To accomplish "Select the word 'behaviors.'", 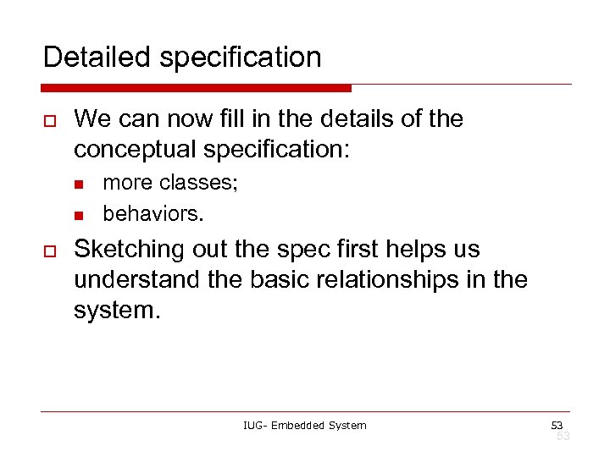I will [x=153, y=213].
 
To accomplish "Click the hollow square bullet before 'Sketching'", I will [x=49, y=251].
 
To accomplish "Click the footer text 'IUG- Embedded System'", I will [x=304, y=425].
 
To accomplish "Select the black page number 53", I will [x=557, y=424].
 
